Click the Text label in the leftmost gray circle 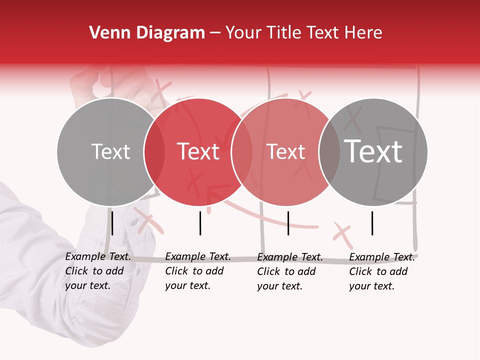(x=110, y=151)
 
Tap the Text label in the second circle (x=198, y=151)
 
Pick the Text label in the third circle (x=285, y=151)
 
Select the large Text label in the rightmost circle (x=373, y=151)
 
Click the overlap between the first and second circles (x=154, y=152)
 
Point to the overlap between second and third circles (x=242, y=152)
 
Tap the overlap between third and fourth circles (x=329, y=152)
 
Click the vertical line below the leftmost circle (x=112, y=223)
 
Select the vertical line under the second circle (x=200, y=223)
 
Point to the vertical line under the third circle (x=288, y=223)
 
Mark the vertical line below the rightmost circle (x=372, y=223)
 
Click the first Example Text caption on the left (x=97, y=271)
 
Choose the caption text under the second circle (x=197, y=271)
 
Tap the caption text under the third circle (x=289, y=271)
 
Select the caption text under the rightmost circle (x=381, y=271)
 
